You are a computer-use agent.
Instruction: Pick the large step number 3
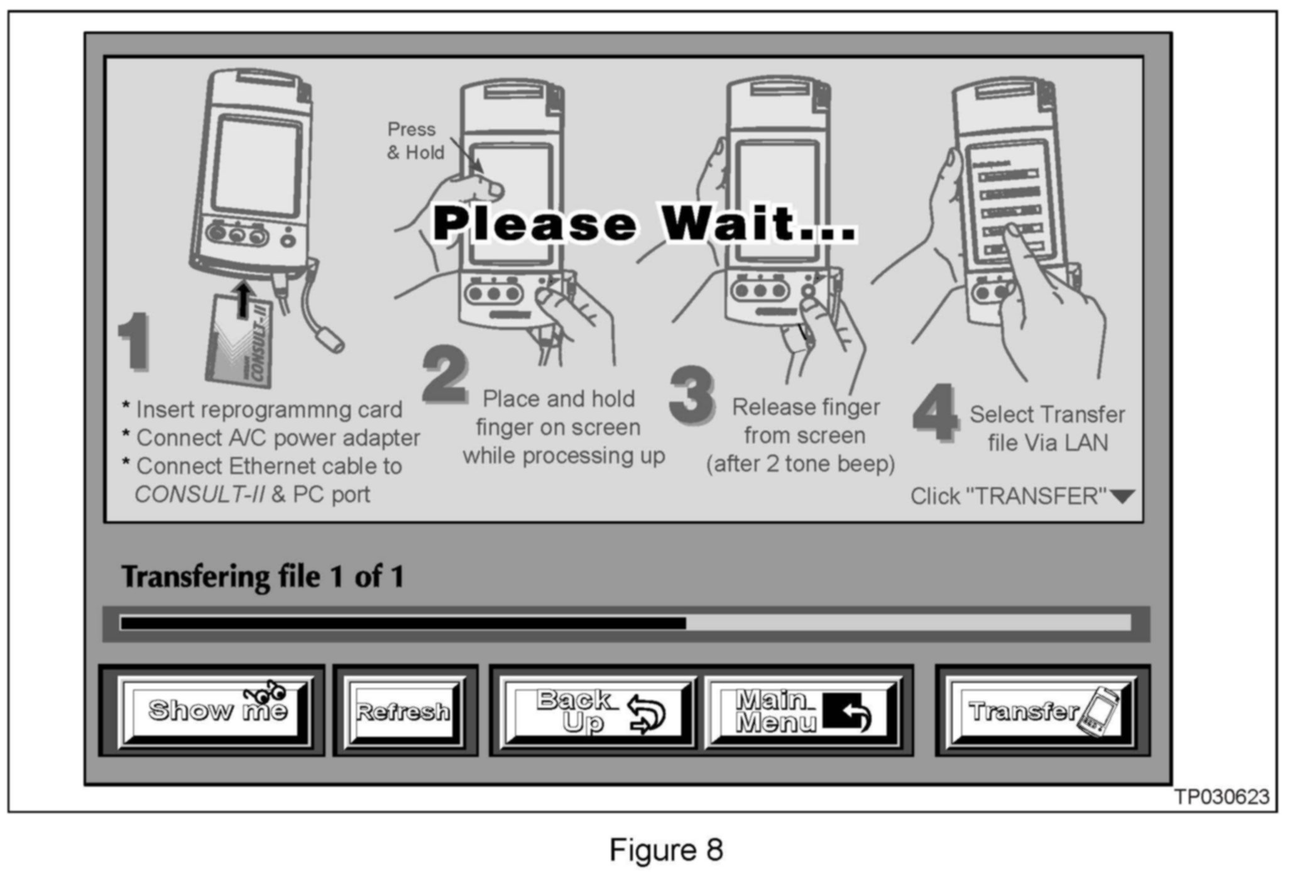(691, 395)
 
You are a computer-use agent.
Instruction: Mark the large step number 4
(935, 413)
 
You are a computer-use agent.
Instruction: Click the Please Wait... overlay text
(643, 224)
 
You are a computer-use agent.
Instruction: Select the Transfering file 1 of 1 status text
(263, 577)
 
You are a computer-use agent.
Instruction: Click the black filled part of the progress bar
(402, 623)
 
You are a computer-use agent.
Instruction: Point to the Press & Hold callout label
(415, 141)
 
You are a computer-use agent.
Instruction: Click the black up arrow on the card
(244, 299)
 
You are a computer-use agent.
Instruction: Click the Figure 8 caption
(666, 850)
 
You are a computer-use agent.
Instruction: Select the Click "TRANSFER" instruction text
(1008, 497)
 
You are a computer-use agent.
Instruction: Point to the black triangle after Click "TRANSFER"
(1122, 497)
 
